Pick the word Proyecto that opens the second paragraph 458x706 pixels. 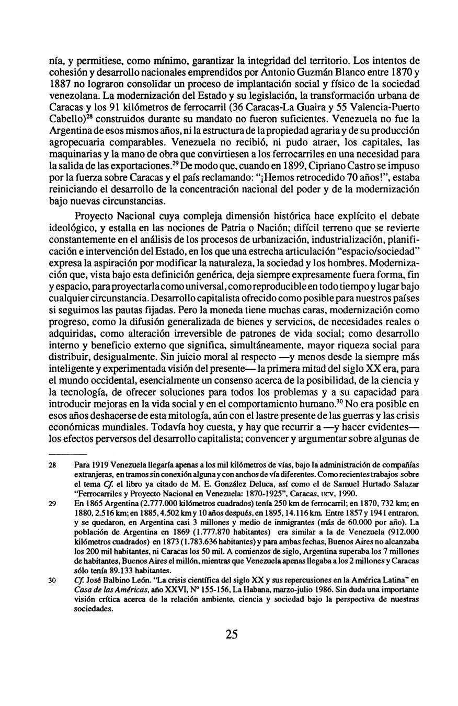click(93, 215)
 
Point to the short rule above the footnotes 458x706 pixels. click(67, 453)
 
